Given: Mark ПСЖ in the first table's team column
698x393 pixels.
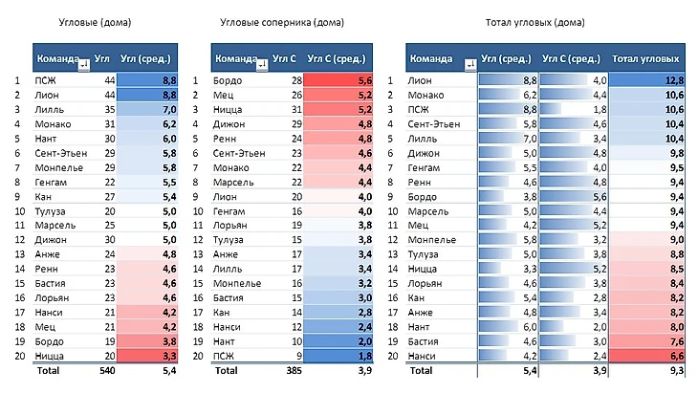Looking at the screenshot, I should pos(47,80).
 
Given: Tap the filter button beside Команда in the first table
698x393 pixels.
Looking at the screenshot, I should pos(83,65).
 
